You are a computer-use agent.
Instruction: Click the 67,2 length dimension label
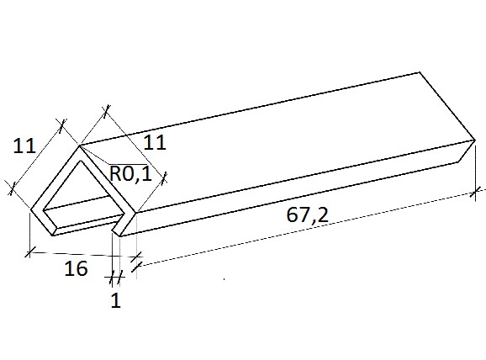click(x=307, y=215)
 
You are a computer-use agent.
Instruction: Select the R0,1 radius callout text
click(x=131, y=173)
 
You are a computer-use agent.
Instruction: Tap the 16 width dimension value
click(x=76, y=268)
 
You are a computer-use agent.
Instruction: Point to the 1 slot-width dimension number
click(x=115, y=300)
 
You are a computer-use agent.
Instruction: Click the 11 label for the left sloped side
click(x=24, y=146)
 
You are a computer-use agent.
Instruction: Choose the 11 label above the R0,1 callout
click(x=155, y=143)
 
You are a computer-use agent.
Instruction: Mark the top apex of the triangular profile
click(x=80, y=146)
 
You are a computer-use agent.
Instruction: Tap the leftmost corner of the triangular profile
click(x=30, y=209)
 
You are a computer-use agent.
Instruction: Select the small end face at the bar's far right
click(x=467, y=151)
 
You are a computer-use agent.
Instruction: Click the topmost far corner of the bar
click(x=420, y=72)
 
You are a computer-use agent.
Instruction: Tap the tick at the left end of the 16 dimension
click(x=29, y=251)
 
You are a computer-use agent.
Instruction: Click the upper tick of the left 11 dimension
click(x=62, y=124)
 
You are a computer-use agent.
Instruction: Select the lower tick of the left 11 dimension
click(x=12, y=188)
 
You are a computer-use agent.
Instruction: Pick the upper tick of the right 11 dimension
click(x=106, y=111)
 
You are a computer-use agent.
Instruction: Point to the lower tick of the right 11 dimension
click(x=164, y=178)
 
